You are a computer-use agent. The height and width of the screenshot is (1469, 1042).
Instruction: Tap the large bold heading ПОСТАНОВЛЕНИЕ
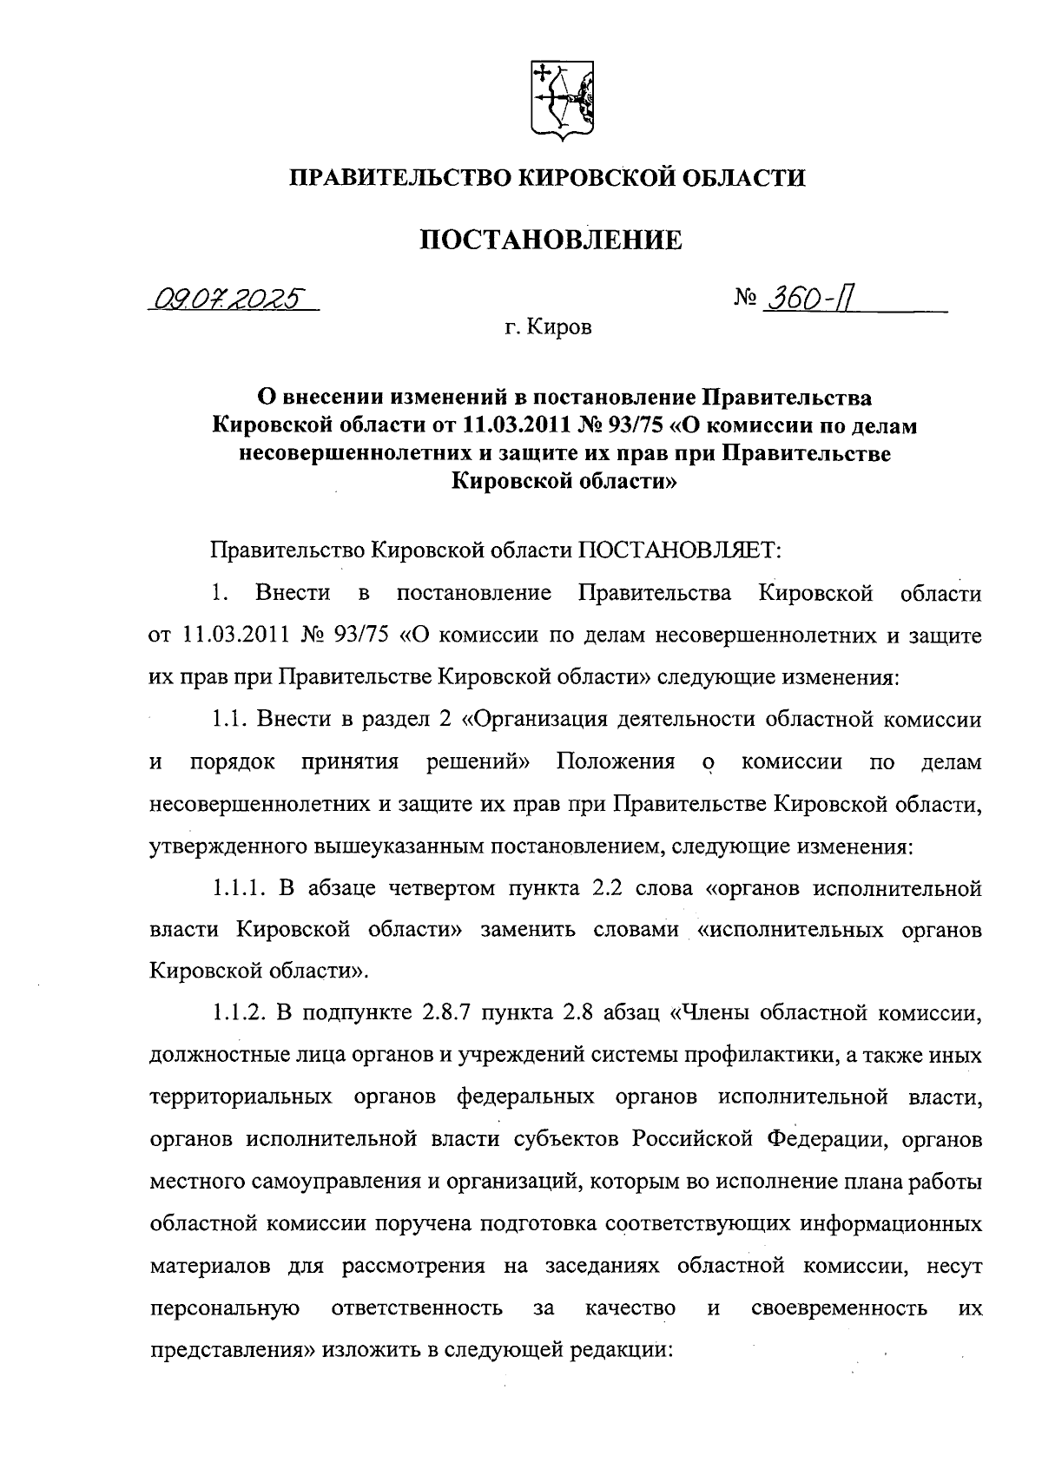[x=551, y=240]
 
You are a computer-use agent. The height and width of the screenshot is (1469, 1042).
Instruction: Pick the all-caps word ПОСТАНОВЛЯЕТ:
[x=680, y=550]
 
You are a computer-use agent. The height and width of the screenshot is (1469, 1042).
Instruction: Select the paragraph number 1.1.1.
[x=239, y=888]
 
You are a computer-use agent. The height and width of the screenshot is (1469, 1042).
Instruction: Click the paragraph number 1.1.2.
[x=239, y=1012]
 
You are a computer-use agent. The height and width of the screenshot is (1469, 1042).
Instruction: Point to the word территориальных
[x=241, y=1097]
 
